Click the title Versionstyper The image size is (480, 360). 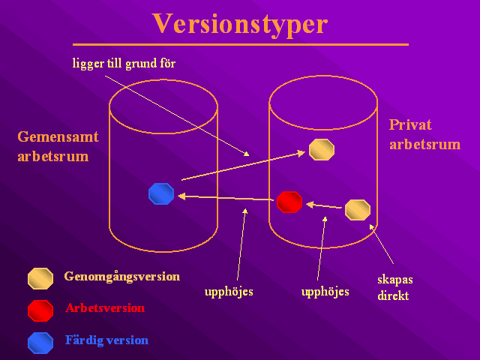(240, 25)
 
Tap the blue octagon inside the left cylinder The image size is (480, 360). (161, 193)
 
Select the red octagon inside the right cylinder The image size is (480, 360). (289, 202)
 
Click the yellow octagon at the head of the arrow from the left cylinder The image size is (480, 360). (322, 150)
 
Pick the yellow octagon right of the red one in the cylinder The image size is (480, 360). (358, 210)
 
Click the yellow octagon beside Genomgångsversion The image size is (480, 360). (40, 278)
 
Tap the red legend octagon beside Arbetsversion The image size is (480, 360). (40, 311)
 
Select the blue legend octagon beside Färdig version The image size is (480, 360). (40, 343)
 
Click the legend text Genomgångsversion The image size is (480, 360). (121, 277)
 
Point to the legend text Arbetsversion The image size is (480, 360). (105, 308)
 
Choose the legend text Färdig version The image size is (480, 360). (106, 340)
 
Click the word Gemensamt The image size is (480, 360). (58, 136)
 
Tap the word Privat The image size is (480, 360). (410, 125)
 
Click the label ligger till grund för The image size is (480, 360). (124, 64)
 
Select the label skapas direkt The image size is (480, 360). (395, 288)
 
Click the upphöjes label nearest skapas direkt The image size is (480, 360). (325, 292)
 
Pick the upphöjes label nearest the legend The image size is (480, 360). (229, 292)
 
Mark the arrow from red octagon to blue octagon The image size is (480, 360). (226, 198)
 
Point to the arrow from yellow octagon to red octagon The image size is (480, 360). (324, 205)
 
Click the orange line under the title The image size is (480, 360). (241, 45)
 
